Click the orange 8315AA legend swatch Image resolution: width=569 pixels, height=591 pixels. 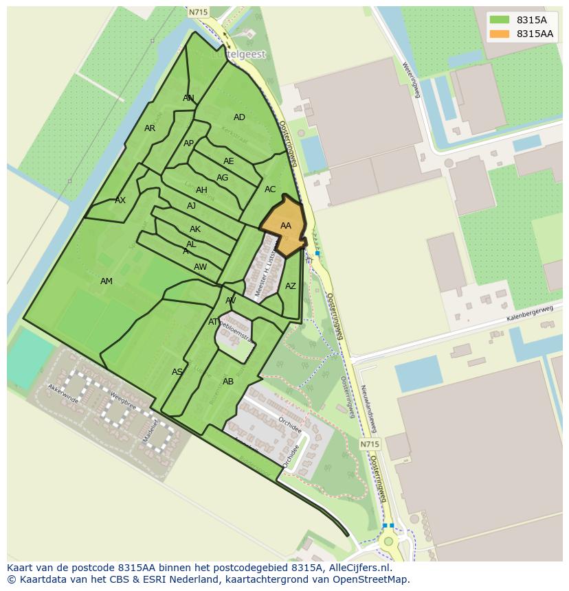[x=500, y=34]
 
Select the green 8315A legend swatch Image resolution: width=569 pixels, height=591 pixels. [x=500, y=20]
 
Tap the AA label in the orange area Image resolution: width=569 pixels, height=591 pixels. [x=286, y=226]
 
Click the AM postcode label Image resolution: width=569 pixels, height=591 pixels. [x=107, y=281]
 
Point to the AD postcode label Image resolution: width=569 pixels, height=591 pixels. [x=239, y=117]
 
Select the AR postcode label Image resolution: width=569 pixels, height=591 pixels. [x=150, y=128]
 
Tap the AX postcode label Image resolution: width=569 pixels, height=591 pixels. [x=120, y=200]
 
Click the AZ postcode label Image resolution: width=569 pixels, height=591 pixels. [x=291, y=286]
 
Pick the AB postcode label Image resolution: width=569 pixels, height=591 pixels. [x=228, y=382]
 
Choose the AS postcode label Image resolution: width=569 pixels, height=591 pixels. [x=177, y=372]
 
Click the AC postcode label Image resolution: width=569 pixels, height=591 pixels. [x=270, y=189]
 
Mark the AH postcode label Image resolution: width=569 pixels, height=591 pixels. [x=201, y=190]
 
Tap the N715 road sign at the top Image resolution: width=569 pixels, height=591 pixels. [x=197, y=12]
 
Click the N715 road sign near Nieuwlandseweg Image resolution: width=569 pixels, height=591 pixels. [x=369, y=445]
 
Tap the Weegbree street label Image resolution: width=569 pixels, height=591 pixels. [x=123, y=399]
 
